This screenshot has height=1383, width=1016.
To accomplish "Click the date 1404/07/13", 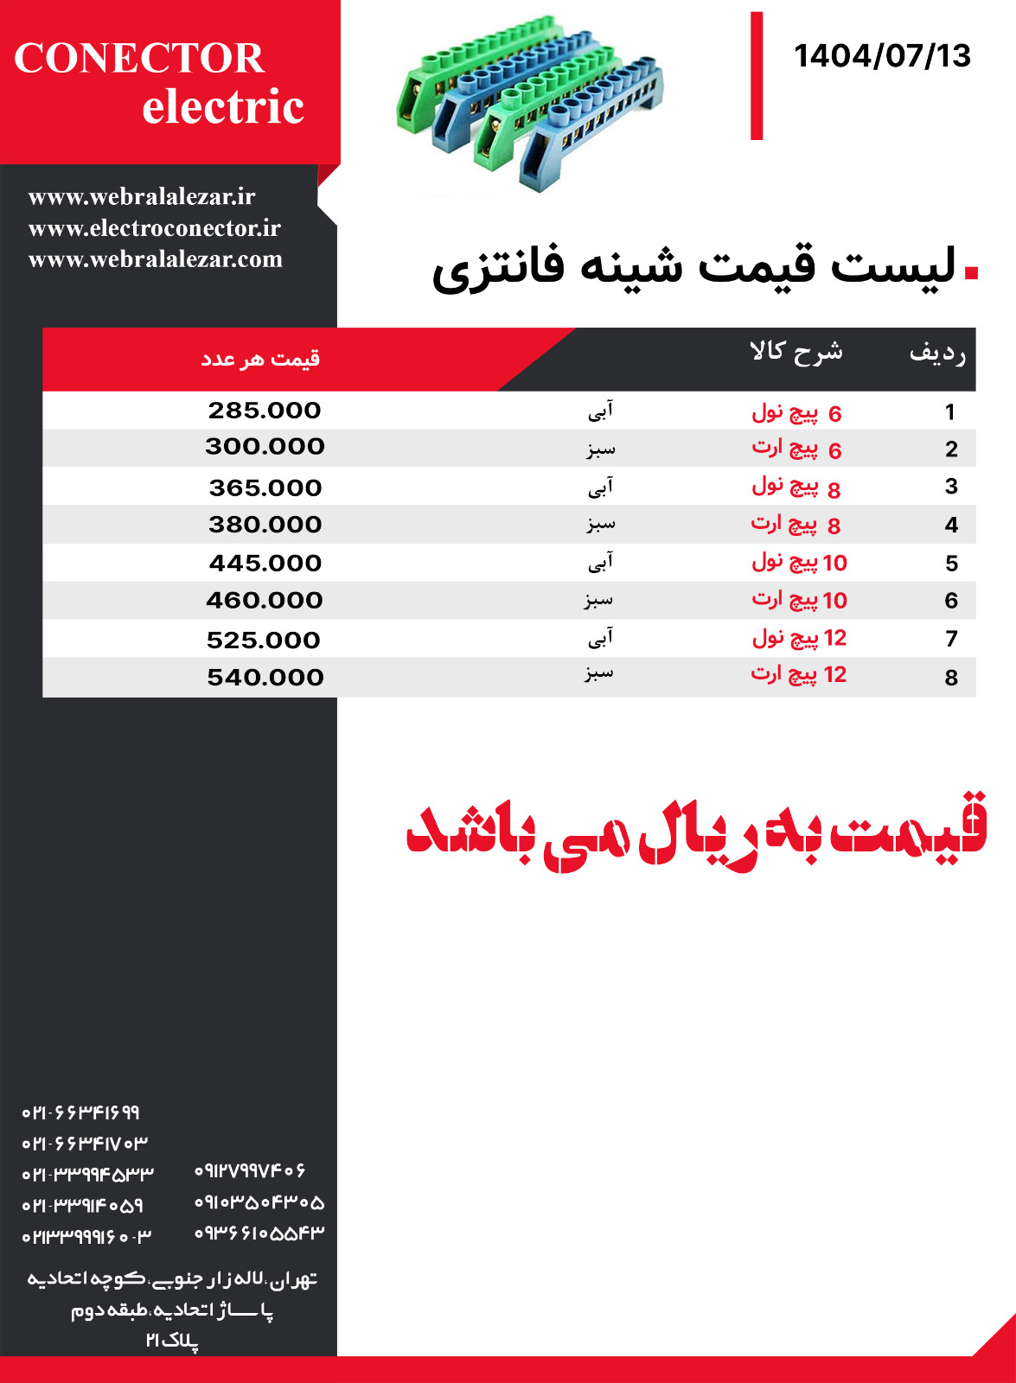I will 882,56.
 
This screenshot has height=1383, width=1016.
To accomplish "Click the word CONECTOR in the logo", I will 138,59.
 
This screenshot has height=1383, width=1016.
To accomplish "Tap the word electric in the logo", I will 223,107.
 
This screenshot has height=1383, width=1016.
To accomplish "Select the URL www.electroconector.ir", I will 155,228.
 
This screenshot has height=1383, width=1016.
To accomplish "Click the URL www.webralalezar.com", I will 156,259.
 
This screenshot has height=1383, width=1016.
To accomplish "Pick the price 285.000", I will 265,411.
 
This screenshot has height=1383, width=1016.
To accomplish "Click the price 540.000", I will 265,678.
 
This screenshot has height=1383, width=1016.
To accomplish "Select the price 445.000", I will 265,564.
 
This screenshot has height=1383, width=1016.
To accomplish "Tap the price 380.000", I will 265,525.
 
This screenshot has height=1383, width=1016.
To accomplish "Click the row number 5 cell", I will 951,564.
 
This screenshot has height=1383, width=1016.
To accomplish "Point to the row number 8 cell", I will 951,678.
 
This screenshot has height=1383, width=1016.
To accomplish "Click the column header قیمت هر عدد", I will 260,358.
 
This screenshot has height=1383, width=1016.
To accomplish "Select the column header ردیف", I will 937,353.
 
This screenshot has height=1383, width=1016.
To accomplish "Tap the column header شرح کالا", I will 796,351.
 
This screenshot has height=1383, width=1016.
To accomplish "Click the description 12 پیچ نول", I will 799,639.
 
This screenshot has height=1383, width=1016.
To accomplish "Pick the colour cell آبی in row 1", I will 600,411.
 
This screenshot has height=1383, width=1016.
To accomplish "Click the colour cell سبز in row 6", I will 598,600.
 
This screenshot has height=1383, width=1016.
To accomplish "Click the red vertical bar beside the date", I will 757,76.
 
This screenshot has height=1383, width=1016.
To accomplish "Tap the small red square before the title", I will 971,272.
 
